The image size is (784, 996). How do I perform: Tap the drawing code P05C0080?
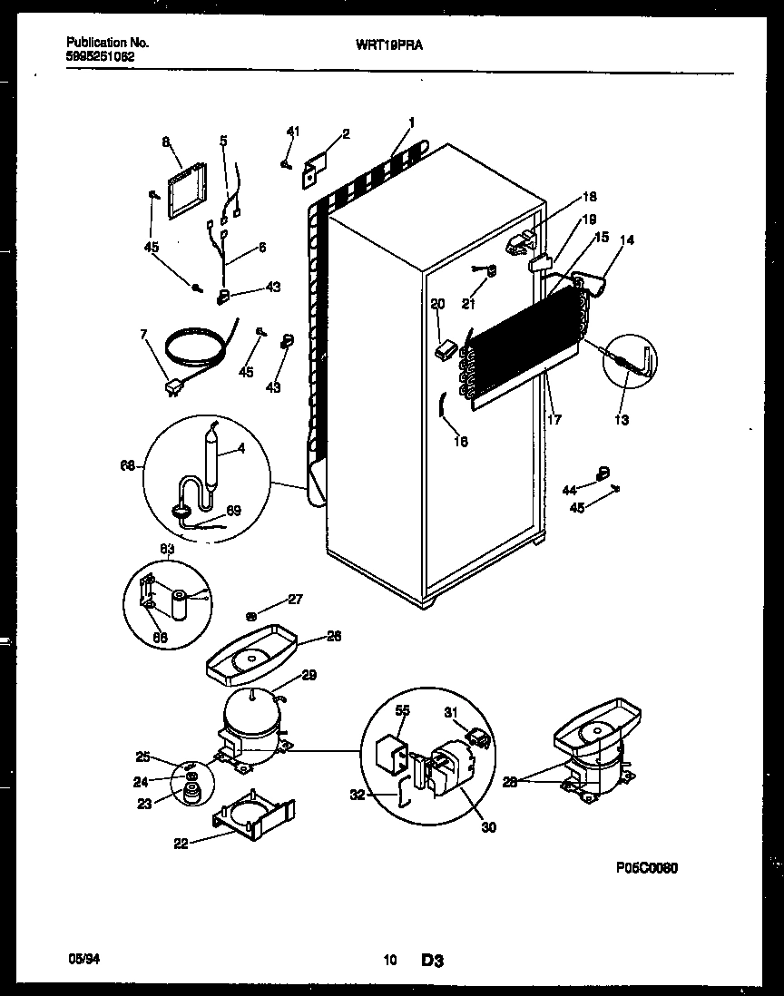645,867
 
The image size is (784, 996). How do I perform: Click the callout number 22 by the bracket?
182,843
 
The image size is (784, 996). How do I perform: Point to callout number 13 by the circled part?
622,420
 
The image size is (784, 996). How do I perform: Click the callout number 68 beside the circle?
128,465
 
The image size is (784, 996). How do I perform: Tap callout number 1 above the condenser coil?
412,122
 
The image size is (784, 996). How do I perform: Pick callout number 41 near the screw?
292,132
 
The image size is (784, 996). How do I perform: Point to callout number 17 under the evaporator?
554,419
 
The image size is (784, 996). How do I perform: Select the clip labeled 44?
600,472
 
